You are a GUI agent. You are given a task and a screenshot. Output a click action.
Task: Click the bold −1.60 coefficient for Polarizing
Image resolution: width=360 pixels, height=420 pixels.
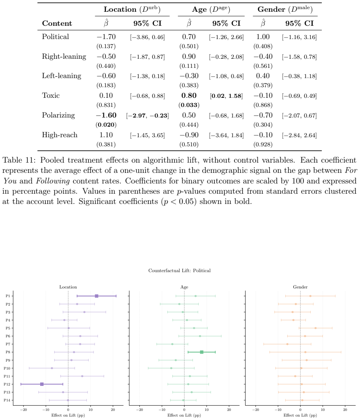[106, 116]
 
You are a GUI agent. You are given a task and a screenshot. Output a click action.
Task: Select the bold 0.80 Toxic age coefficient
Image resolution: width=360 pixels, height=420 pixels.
[189, 96]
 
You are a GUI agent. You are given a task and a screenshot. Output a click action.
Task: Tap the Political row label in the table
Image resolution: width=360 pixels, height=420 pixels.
[55, 37]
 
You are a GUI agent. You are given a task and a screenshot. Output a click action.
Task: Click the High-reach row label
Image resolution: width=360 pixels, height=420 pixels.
[60, 135]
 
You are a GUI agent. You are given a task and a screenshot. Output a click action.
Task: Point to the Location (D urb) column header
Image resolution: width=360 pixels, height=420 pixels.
[132, 9]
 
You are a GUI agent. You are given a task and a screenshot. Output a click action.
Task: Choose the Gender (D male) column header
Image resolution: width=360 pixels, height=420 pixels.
[285, 9]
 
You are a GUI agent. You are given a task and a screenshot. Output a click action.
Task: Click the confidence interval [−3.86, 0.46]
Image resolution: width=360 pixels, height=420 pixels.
[147, 37]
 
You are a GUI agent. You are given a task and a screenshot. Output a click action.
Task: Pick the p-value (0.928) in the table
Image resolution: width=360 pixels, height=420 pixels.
[263, 145]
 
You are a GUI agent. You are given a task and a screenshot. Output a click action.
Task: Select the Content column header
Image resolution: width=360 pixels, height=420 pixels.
[57, 24]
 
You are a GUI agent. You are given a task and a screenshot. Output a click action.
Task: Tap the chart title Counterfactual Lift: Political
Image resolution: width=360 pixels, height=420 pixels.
[180, 271]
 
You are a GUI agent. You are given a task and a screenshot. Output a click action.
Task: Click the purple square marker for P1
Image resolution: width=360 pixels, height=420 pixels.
[96, 296]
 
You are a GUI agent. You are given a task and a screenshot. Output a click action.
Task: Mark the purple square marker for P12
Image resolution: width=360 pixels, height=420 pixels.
[42, 384]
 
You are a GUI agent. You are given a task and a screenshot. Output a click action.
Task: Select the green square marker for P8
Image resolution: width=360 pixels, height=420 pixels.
[202, 352]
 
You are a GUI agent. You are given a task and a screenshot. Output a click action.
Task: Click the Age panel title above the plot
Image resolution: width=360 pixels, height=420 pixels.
[184, 287]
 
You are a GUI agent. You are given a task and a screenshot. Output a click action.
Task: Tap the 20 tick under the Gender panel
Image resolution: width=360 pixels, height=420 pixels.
[345, 409]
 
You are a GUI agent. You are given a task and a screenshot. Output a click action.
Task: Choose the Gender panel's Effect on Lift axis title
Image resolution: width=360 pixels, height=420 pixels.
[300, 415]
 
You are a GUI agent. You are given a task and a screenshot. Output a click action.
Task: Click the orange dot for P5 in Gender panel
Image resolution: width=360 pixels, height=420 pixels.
[316, 328]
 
